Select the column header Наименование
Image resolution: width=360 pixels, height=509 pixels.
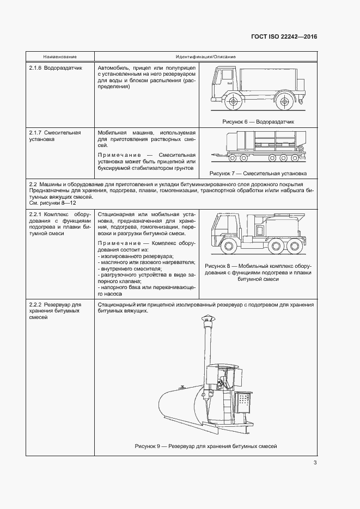[x=60, y=57]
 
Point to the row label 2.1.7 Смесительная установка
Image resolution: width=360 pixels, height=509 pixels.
[x=54, y=136]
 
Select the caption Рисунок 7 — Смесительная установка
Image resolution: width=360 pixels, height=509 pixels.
[x=258, y=174]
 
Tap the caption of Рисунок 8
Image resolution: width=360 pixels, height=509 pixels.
[x=258, y=272]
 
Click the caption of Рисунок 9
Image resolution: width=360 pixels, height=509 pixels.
[x=206, y=446]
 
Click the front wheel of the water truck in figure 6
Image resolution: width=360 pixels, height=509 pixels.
[x=234, y=101]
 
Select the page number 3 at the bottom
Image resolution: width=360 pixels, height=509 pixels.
[x=315, y=463]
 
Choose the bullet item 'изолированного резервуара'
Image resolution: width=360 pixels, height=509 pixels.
[x=128, y=256]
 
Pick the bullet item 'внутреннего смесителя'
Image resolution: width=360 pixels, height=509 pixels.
[x=124, y=268]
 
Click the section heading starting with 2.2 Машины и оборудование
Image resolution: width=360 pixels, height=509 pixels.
[x=171, y=186]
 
